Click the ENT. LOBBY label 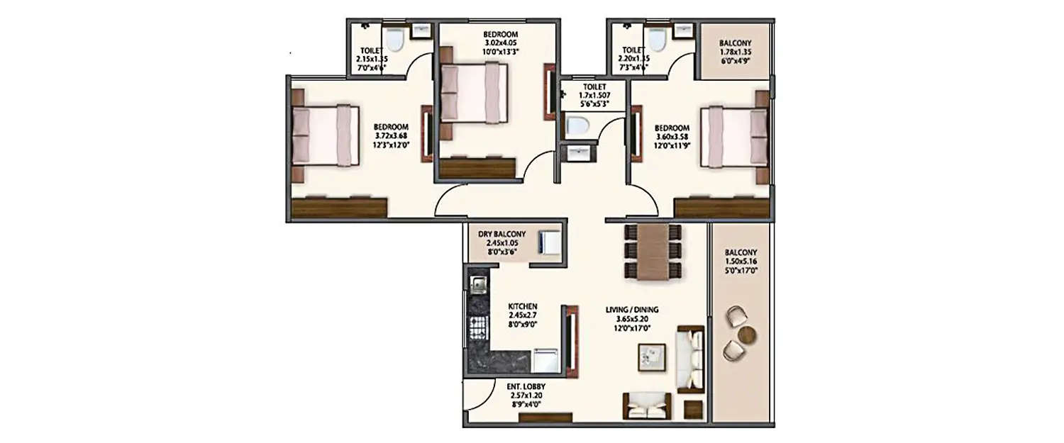coord(526,386)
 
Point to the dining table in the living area coord(653,252)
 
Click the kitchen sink coord(477,284)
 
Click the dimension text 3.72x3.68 coord(393,136)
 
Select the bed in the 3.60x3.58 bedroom coord(734,136)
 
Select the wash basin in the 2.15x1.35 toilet coord(421,30)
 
